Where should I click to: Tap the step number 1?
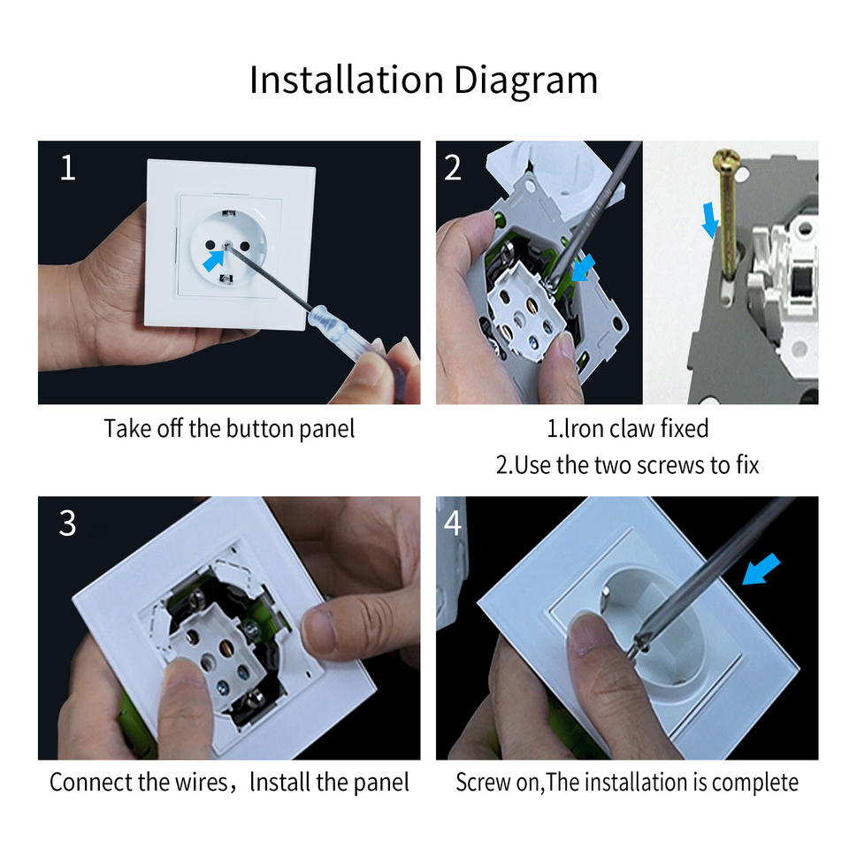coord(67,168)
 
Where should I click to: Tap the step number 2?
coord(453,168)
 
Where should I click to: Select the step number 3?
coord(67,524)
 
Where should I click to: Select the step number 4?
coord(453,524)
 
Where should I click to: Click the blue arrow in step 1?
coord(214,259)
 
